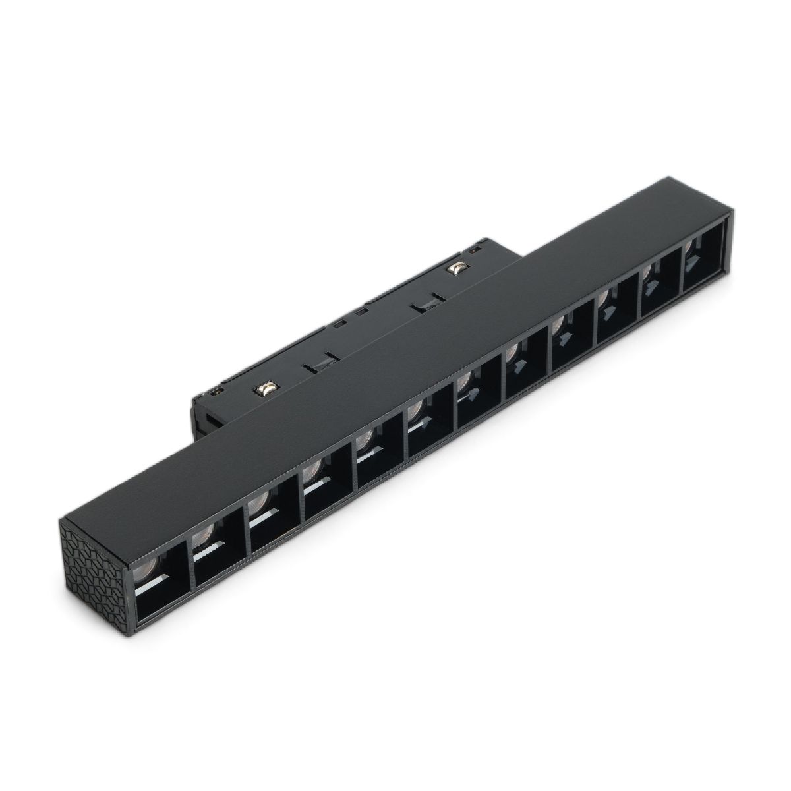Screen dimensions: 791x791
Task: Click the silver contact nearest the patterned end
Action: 266,390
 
